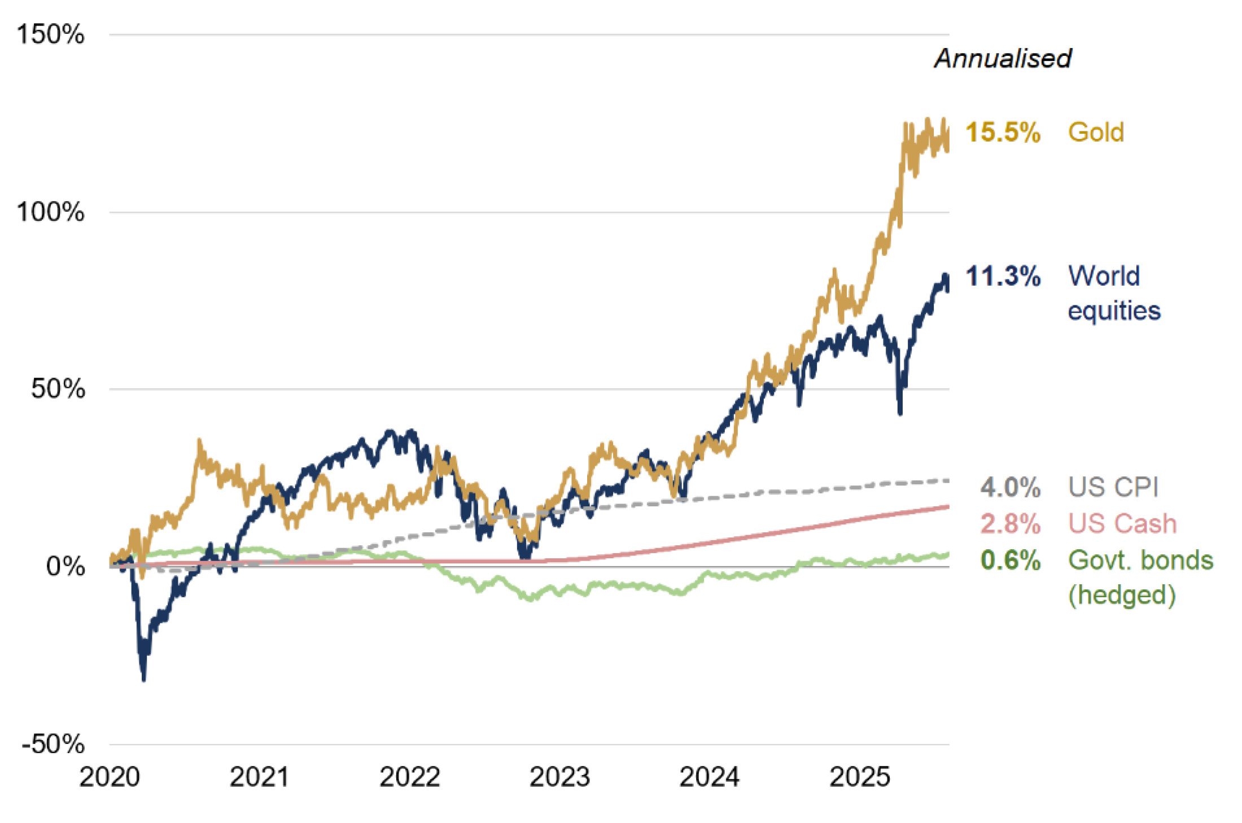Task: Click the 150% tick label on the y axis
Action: [x=51, y=34]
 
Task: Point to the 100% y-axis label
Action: [x=51, y=212]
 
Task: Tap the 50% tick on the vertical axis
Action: [x=58, y=389]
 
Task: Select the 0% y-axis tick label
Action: [x=65, y=566]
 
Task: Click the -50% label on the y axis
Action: [x=53, y=744]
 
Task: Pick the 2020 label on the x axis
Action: [x=110, y=777]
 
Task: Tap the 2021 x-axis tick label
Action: [x=259, y=777]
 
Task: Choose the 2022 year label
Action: [x=409, y=777]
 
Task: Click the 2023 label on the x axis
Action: [x=559, y=777]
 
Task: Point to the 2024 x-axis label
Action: [x=709, y=777]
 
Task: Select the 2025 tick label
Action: [x=859, y=777]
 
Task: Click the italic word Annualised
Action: [x=1003, y=59]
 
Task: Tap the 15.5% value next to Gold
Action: [x=1003, y=133]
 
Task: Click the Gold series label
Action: [x=1096, y=133]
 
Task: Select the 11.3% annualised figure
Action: [x=1003, y=277]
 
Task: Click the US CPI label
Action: [x=1113, y=487]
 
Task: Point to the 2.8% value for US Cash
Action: [x=1010, y=524]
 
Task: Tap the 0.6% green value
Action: [x=1010, y=561]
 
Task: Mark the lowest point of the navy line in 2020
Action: [x=143, y=680]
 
